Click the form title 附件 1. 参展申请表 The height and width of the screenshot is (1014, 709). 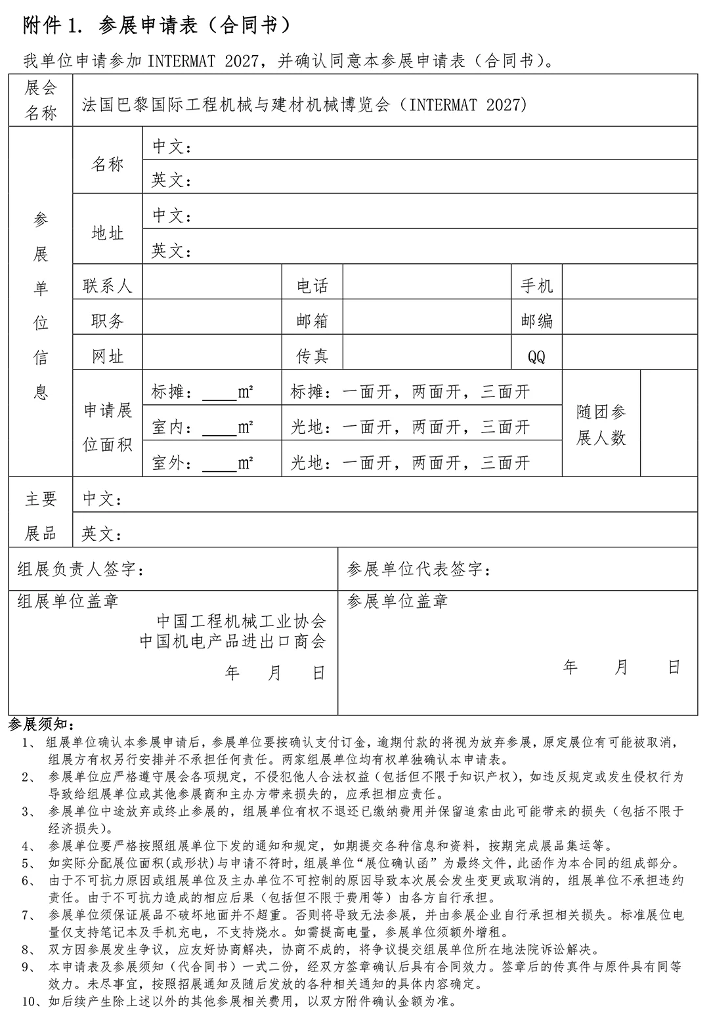coord(157,26)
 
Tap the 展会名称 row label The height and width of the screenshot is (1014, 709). coord(41,100)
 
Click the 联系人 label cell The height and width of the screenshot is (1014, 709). coord(108,285)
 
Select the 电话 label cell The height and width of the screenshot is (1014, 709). coord(312,285)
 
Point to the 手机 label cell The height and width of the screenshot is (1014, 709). coord(536,285)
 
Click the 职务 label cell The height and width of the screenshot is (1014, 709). coord(108,321)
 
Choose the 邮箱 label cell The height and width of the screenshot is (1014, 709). coord(312,321)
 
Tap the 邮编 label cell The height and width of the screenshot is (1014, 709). coord(536,321)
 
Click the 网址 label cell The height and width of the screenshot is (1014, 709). coord(108,356)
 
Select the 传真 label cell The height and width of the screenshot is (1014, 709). coord(312,356)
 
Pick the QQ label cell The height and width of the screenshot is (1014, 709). coord(536,356)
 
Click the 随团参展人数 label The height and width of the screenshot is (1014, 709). coord(601,425)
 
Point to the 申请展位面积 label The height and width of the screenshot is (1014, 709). coord(108,427)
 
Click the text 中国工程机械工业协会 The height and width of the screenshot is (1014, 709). coord(241,620)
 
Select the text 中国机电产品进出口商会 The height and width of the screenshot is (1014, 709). coord(233,641)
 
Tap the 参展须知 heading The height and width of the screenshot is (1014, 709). coord(41,725)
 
